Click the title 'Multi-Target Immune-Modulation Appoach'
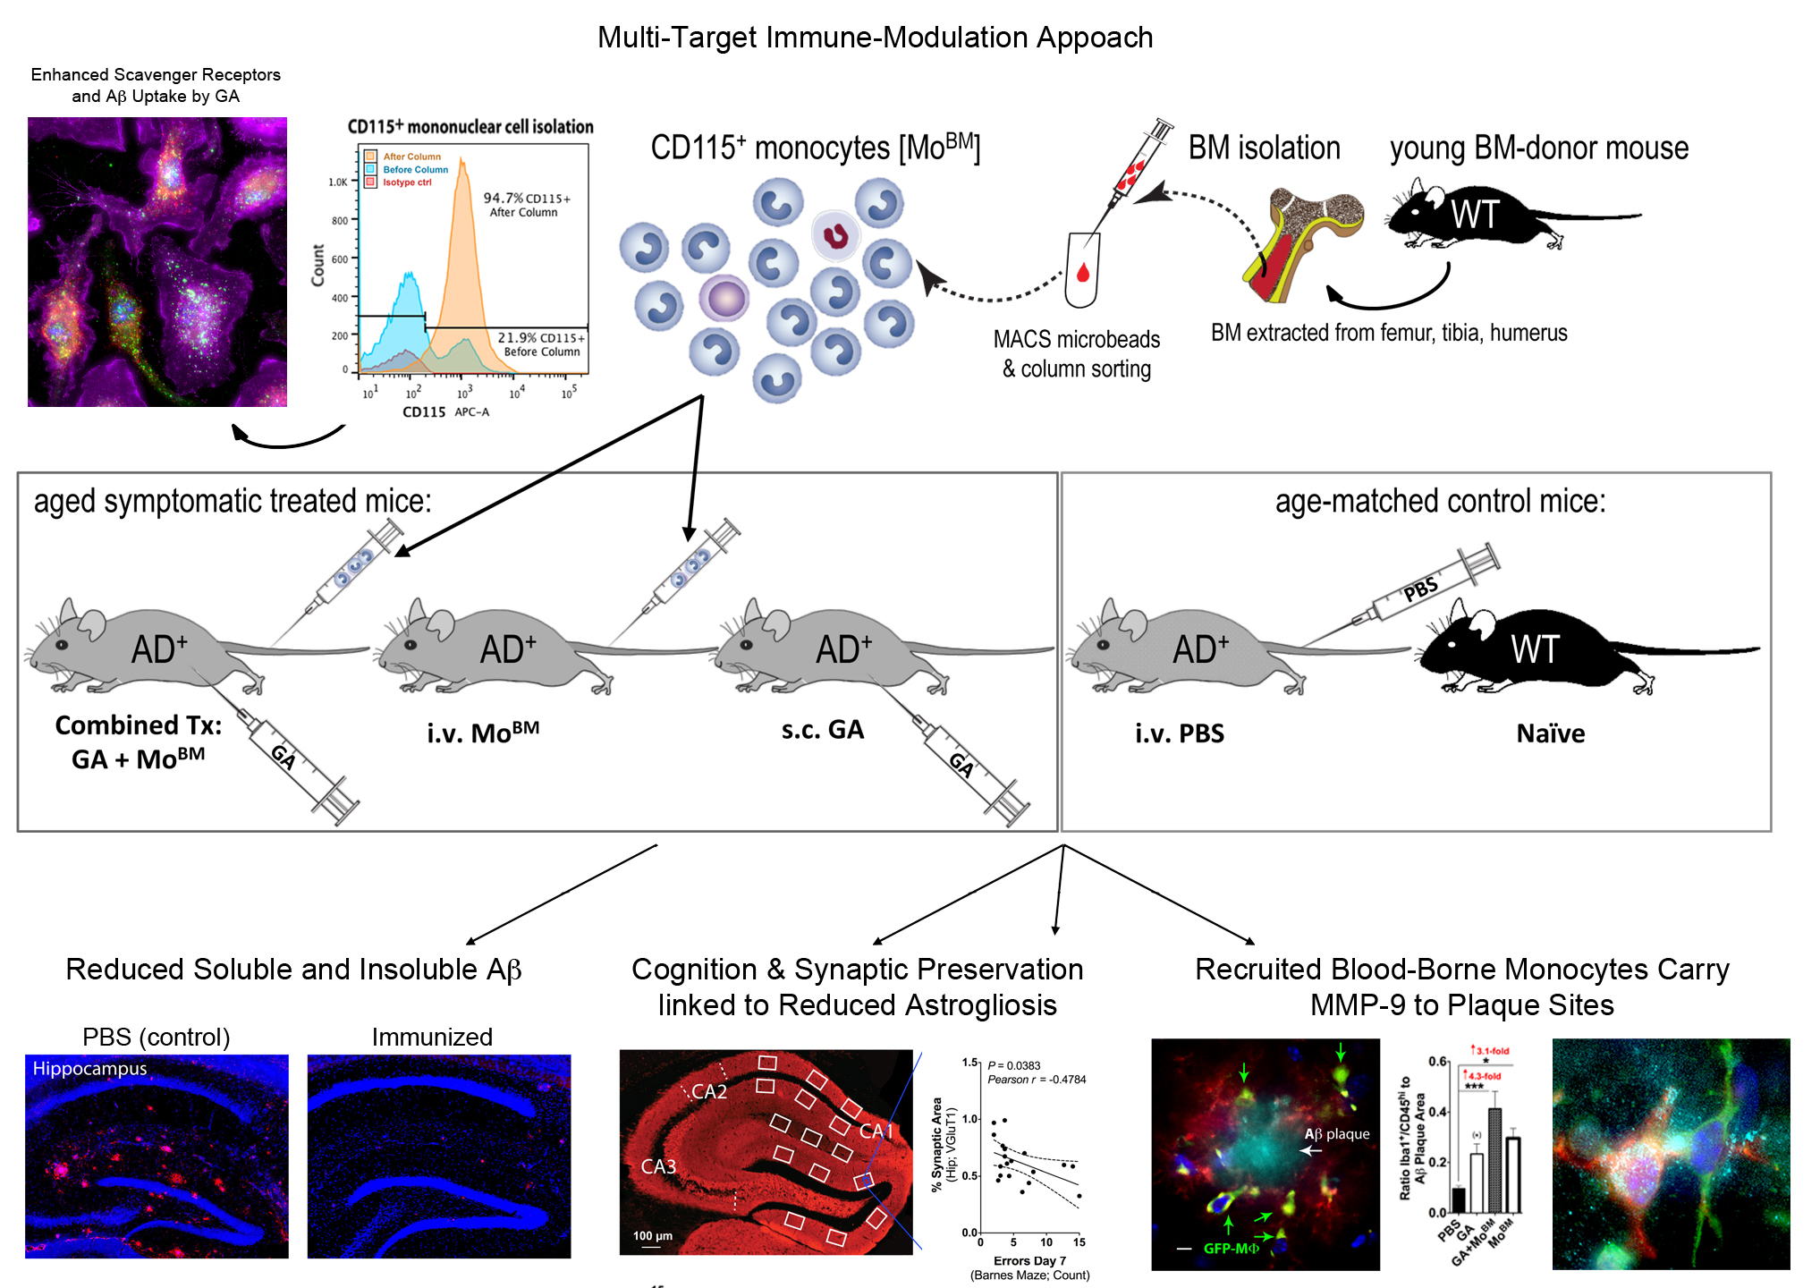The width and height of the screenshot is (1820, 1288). coord(875,38)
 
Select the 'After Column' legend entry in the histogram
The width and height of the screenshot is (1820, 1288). coord(411,157)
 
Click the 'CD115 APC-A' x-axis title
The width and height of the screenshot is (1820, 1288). coord(445,412)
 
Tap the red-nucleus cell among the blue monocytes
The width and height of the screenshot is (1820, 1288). coord(835,236)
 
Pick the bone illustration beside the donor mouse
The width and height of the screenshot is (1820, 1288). coord(1301,241)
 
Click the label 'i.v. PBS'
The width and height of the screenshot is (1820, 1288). coord(1179,734)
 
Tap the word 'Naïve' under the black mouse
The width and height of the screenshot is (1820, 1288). coord(1550,734)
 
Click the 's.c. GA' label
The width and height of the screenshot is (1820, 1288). coord(822,730)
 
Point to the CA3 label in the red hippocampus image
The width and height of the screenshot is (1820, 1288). coord(658,1166)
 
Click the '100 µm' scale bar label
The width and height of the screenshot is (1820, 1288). coord(652,1236)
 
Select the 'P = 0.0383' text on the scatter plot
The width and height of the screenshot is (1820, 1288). coord(1014,1065)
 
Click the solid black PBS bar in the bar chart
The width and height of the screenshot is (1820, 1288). coord(1459,1199)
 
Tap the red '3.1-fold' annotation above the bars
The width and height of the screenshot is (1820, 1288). coord(1491,1051)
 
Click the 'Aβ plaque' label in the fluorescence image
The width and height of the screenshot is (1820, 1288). coord(1337,1134)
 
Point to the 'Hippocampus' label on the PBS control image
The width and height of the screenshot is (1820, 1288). coord(89,1069)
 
